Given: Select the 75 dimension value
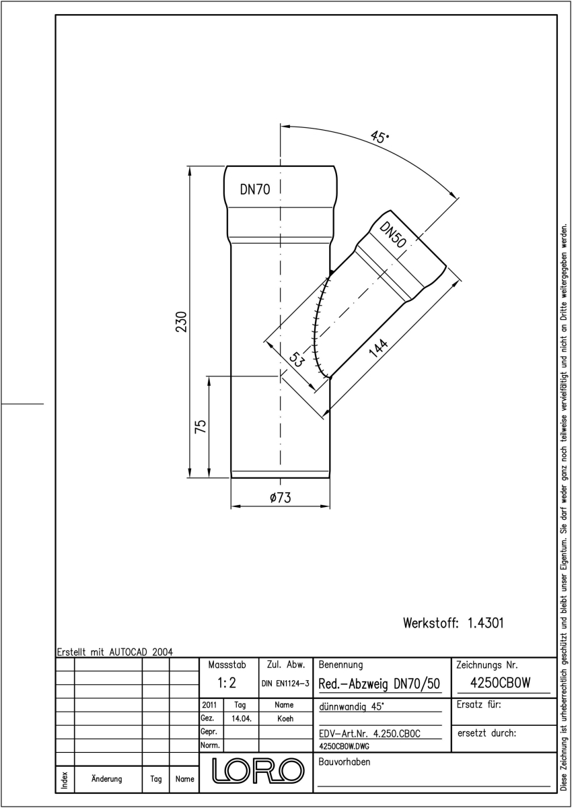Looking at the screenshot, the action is [x=201, y=426].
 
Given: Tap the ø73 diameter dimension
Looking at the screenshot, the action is [x=280, y=498].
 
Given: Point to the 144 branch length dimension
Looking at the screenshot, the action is [x=378, y=347].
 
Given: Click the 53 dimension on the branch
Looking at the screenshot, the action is [x=296, y=360].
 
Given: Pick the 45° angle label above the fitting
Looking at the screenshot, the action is [x=380, y=137].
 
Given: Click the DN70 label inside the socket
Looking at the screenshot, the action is [x=255, y=189].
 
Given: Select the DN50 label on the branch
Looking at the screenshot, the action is [x=393, y=235].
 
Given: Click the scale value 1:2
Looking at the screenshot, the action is [x=227, y=683].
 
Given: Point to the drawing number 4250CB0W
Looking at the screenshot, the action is [x=500, y=683].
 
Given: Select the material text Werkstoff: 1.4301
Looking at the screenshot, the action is [x=453, y=623].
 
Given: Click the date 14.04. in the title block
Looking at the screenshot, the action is [x=241, y=719].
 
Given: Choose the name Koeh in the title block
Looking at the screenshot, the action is [x=285, y=719].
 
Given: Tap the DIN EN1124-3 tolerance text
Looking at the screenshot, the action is [x=285, y=683].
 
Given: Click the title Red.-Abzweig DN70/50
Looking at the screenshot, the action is [x=379, y=683].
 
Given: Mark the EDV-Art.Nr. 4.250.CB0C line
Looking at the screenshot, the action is [x=369, y=734].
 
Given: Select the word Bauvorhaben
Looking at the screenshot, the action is [x=344, y=762].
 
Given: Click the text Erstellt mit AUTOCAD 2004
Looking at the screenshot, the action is [x=115, y=652].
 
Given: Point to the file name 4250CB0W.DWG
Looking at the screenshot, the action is [x=344, y=746].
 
